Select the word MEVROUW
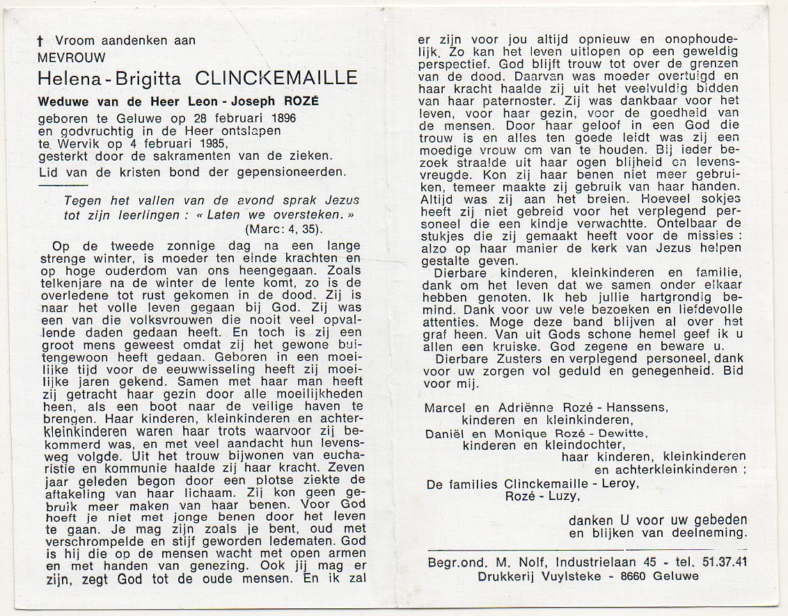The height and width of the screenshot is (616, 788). point(72,57)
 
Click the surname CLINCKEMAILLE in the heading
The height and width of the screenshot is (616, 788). point(276,77)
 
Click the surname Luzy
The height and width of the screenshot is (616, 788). point(561,496)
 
